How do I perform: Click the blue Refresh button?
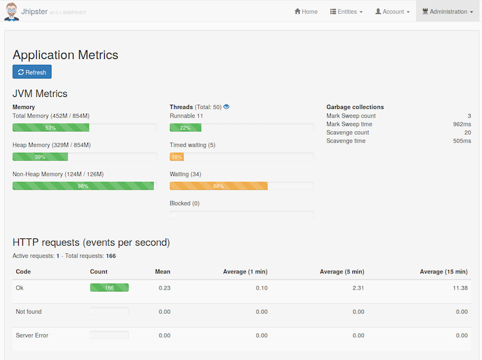coord(32,72)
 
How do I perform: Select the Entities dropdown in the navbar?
coord(346,11)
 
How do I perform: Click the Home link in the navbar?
coord(306,11)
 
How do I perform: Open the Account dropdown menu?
coord(392,11)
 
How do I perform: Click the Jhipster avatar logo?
coord(11,11)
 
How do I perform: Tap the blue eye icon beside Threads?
coord(227,107)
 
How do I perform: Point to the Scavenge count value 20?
coord(468,132)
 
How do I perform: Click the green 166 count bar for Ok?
coord(109,288)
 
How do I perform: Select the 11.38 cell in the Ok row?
coord(460,288)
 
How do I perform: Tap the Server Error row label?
coord(32,335)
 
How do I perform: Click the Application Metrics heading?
coord(65,55)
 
